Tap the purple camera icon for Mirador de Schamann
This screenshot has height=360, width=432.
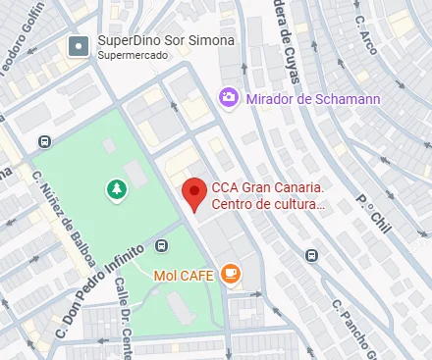(229, 96)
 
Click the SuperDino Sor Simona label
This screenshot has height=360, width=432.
(166, 41)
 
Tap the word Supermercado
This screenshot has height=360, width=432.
(134, 56)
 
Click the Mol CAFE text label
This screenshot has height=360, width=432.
(185, 275)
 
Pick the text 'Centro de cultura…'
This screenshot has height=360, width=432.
(267, 205)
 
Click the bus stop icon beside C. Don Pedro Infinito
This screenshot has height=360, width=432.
(162, 245)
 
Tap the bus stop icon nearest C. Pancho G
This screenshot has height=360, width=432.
(312, 255)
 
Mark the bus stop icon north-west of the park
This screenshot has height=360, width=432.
(43, 140)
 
